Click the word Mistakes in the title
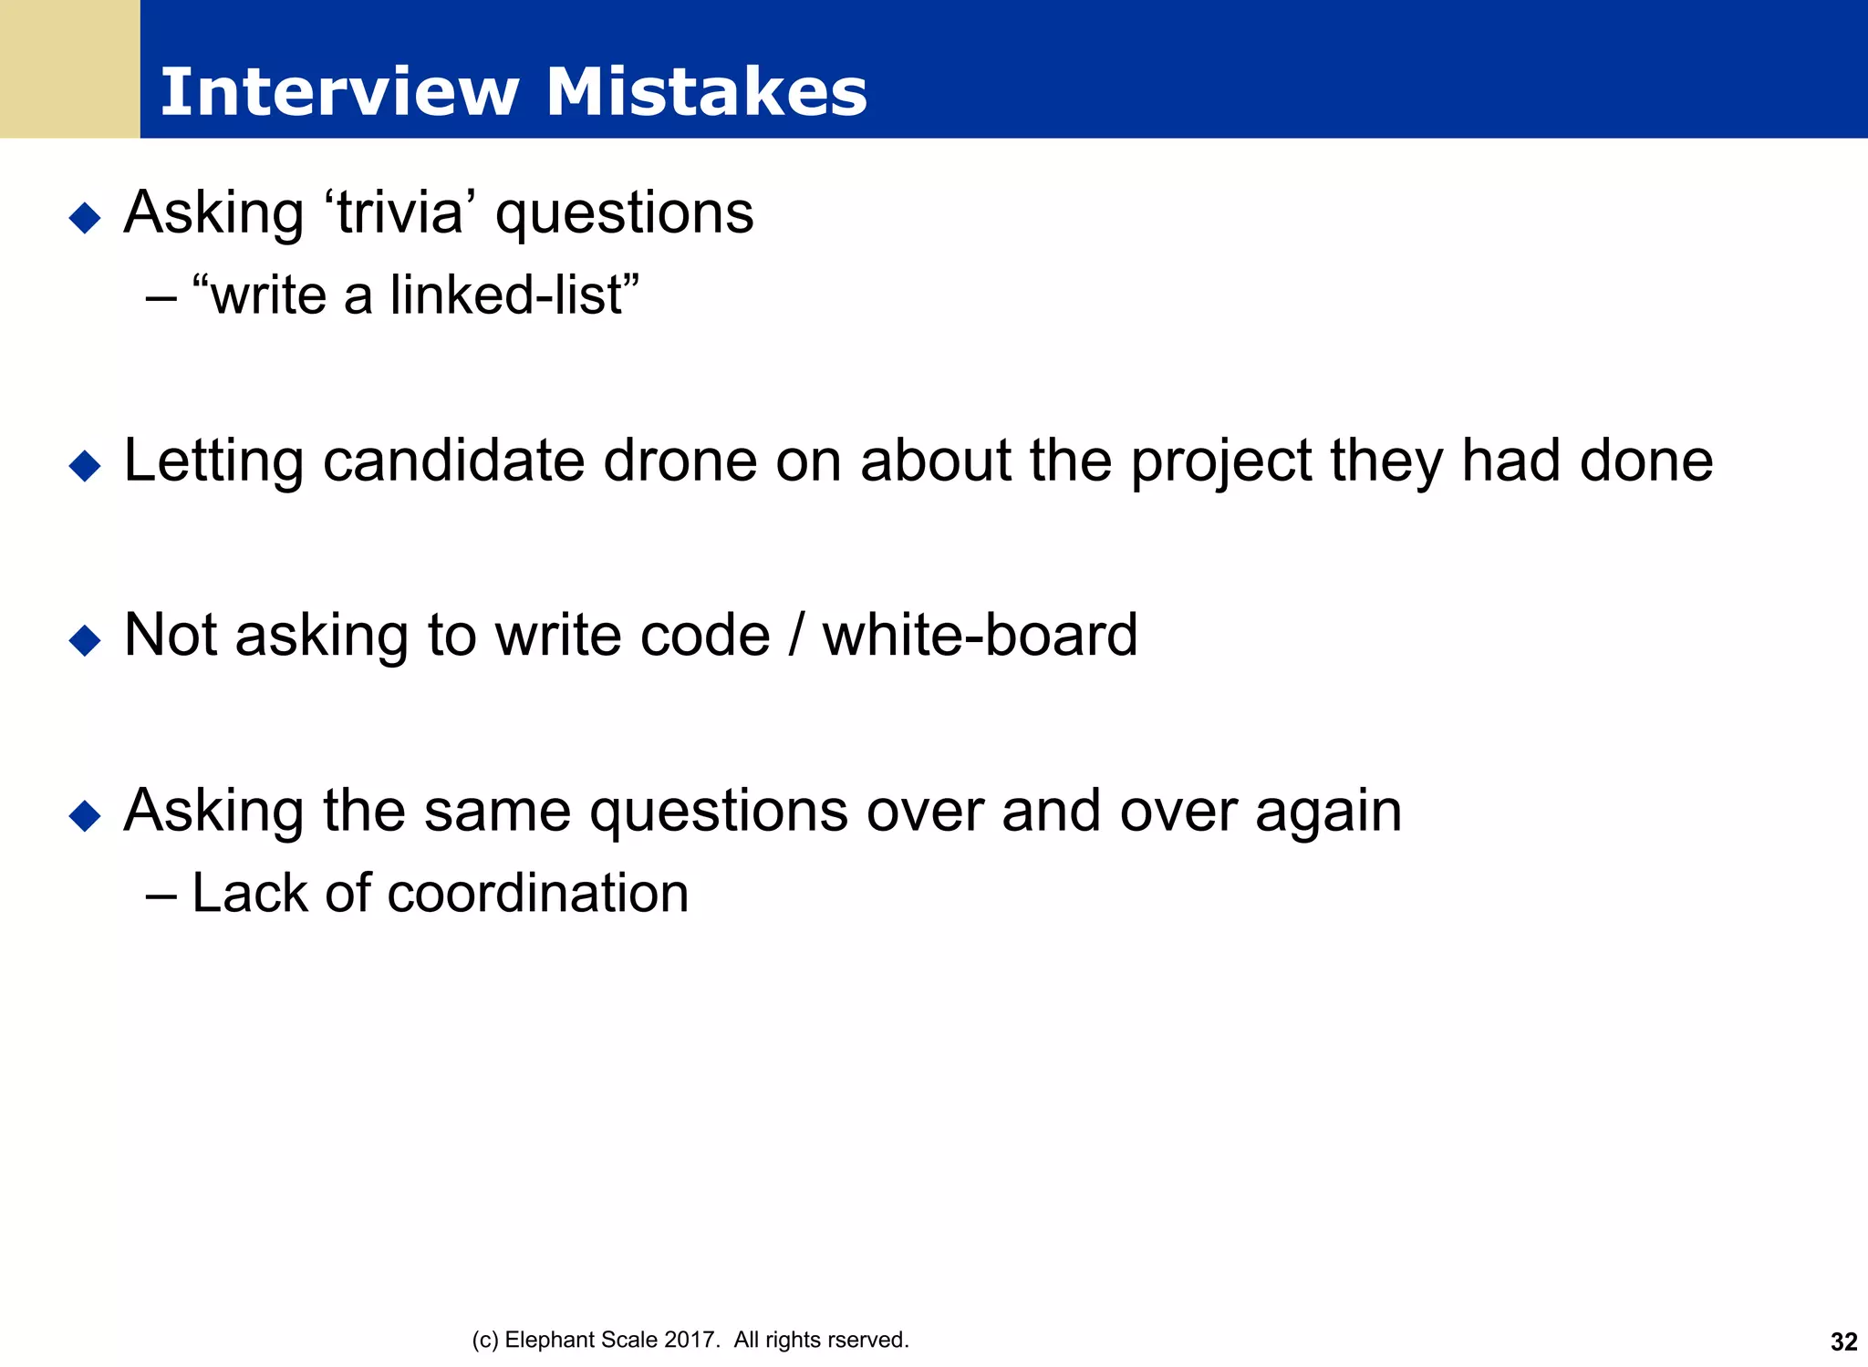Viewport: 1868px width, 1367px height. coord(706,92)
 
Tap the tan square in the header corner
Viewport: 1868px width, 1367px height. coord(69,68)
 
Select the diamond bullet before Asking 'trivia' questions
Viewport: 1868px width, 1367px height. coord(85,218)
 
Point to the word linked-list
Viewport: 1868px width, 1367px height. coord(508,295)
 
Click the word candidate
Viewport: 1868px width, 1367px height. coord(453,461)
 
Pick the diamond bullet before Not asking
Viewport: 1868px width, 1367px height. coord(85,640)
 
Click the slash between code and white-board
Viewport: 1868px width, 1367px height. coord(796,636)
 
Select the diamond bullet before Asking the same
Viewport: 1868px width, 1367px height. coord(85,815)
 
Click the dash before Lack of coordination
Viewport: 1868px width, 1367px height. coord(161,895)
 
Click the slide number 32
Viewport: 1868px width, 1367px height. coord(1843,1341)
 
